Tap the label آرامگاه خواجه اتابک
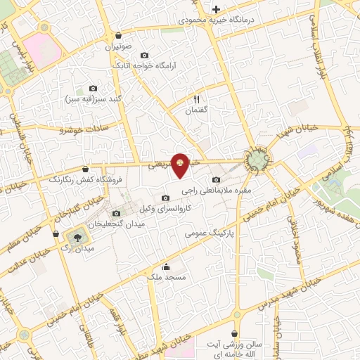(146, 66)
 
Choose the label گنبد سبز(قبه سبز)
(92, 98)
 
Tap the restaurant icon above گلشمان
(197, 100)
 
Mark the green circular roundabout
(257, 160)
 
